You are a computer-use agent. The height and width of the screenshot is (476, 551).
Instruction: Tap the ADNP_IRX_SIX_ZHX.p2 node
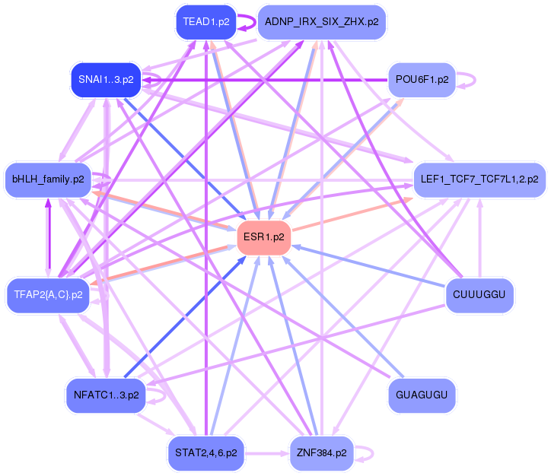[x=320, y=22]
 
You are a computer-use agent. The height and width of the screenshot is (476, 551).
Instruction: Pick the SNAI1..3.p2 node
[x=106, y=79]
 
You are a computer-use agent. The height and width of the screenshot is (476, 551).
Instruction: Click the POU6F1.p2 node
[x=421, y=79]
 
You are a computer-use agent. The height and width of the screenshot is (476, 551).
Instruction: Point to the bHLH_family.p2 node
[x=48, y=180]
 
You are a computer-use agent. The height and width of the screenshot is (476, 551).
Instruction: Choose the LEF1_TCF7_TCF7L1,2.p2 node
[x=479, y=180]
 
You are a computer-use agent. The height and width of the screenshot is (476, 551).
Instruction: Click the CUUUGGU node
[x=479, y=294]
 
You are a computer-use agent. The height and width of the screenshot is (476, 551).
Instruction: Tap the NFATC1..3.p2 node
[x=106, y=395]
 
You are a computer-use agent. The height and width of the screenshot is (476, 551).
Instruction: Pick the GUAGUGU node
[x=421, y=395]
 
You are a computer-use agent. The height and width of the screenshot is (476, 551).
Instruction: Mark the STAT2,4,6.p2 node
[x=206, y=452]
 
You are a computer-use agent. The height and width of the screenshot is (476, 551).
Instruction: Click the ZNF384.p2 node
[x=320, y=452]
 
